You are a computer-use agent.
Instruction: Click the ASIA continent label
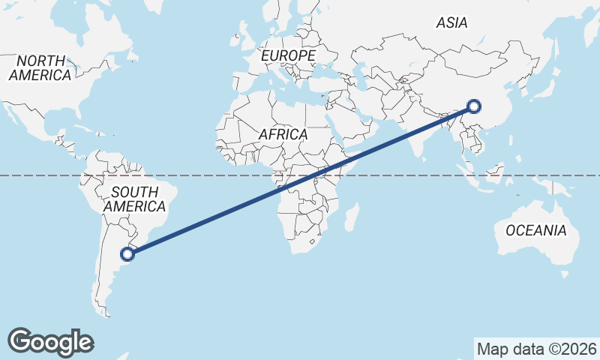point(451,23)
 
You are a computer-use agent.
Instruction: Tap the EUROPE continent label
point(288,56)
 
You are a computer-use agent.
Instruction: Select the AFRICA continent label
point(283,134)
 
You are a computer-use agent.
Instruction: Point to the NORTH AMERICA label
point(40,67)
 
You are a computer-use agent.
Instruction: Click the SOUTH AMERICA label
point(134,199)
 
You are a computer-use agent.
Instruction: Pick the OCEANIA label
point(535,230)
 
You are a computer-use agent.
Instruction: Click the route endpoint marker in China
point(473,106)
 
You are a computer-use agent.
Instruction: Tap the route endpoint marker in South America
point(128,253)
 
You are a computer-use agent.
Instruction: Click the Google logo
point(50,342)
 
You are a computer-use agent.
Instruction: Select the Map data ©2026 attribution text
point(536,349)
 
